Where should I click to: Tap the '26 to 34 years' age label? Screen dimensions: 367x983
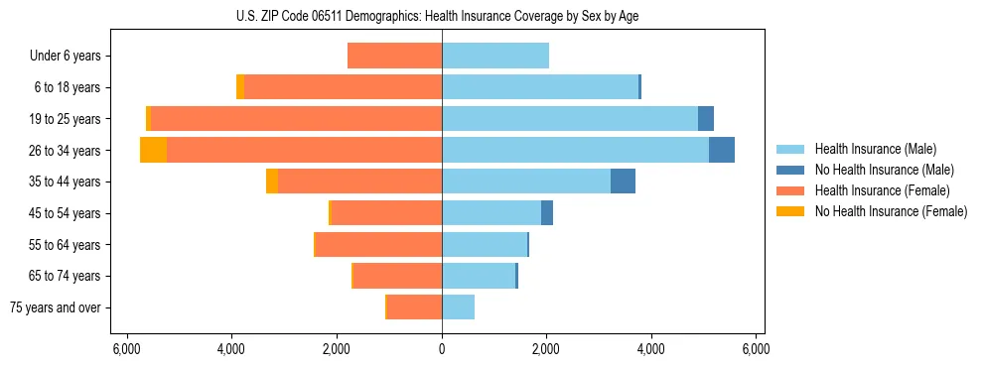[x=65, y=151]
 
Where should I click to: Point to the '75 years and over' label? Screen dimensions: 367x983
[x=56, y=307]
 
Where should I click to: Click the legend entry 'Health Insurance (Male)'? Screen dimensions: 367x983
[x=875, y=149]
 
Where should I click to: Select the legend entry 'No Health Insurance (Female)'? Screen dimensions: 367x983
[x=891, y=211]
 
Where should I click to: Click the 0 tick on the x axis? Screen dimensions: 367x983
[x=442, y=349]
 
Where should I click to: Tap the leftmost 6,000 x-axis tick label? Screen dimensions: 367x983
[x=127, y=349]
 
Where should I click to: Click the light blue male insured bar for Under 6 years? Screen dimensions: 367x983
[x=495, y=56]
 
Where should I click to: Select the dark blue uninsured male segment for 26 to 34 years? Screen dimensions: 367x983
[x=722, y=150]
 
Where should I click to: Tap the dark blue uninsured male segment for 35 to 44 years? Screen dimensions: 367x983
[x=623, y=182]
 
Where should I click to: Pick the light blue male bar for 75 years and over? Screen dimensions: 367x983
[x=458, y=307]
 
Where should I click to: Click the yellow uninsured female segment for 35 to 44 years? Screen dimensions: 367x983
[x=272, y=182]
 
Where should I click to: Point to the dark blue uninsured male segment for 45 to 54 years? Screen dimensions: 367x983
[x=547, y=213]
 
